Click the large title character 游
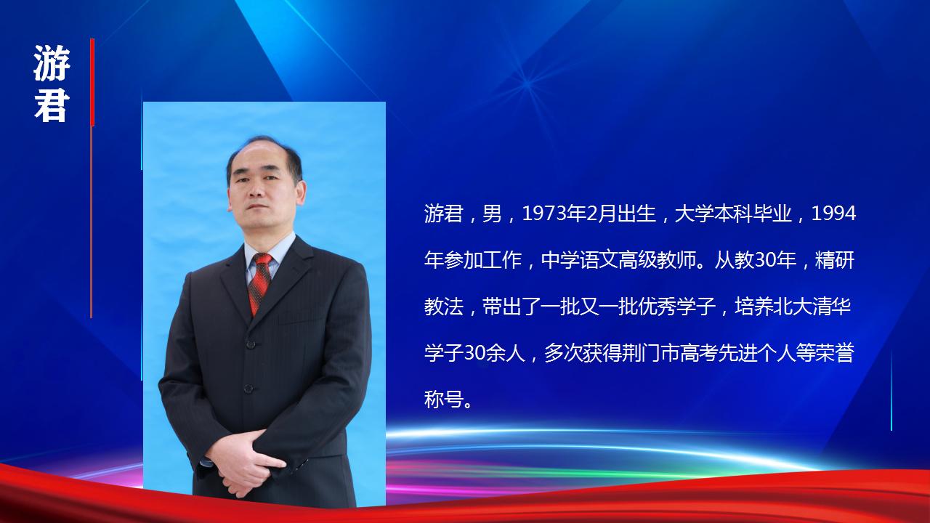[52, 63]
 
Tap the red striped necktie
[260, 283]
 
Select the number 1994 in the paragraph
[833, 214]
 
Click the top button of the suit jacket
[251, 344]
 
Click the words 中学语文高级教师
[618, 261]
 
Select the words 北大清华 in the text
[812, 307]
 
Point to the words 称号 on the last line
[443, 400]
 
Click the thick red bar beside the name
[92, 82]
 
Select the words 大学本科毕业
[732, 214]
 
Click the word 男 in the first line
[492, 214]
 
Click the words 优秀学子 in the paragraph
[676, 307]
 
